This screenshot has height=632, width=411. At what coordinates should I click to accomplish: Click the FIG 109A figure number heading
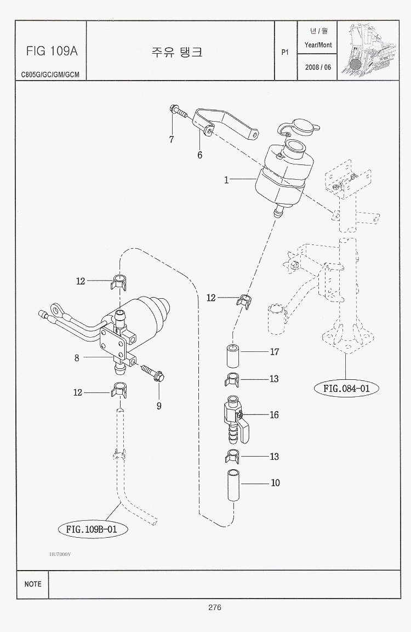click(x=52, y=51)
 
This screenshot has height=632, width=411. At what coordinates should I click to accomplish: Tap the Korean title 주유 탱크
click(x=177, y=52)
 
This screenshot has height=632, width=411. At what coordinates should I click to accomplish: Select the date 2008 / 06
click(x=318, y=67)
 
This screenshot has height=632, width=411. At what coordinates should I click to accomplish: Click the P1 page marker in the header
click(x=284, y=53)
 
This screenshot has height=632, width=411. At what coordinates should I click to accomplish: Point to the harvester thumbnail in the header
click(x=368, y=50)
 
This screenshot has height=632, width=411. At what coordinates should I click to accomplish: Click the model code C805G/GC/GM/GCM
click(x=50, y=74)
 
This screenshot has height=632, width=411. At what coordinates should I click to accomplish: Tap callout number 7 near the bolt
click(x=172, y=139)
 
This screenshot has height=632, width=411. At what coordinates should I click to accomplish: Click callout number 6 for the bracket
click(x=200, y=155)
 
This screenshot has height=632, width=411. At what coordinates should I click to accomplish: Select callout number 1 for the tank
click(x=226, y=179)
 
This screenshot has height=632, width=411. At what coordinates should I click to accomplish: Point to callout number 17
click(x=275, y=352)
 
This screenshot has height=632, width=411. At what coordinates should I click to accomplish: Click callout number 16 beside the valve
click(x=274, y=414)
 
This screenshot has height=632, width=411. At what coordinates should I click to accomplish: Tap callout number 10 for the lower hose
click(x=275, y=483)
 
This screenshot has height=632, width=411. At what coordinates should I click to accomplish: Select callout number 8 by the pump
click(x=77, y=358)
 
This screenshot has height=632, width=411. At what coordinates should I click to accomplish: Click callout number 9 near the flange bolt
click(x=159, y=406)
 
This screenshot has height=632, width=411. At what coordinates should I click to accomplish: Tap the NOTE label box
click(x=33, y=584)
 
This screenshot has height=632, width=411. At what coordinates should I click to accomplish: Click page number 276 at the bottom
click(x=214, y=607)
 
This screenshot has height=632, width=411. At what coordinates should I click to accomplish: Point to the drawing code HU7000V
click(x=60, y=554)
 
